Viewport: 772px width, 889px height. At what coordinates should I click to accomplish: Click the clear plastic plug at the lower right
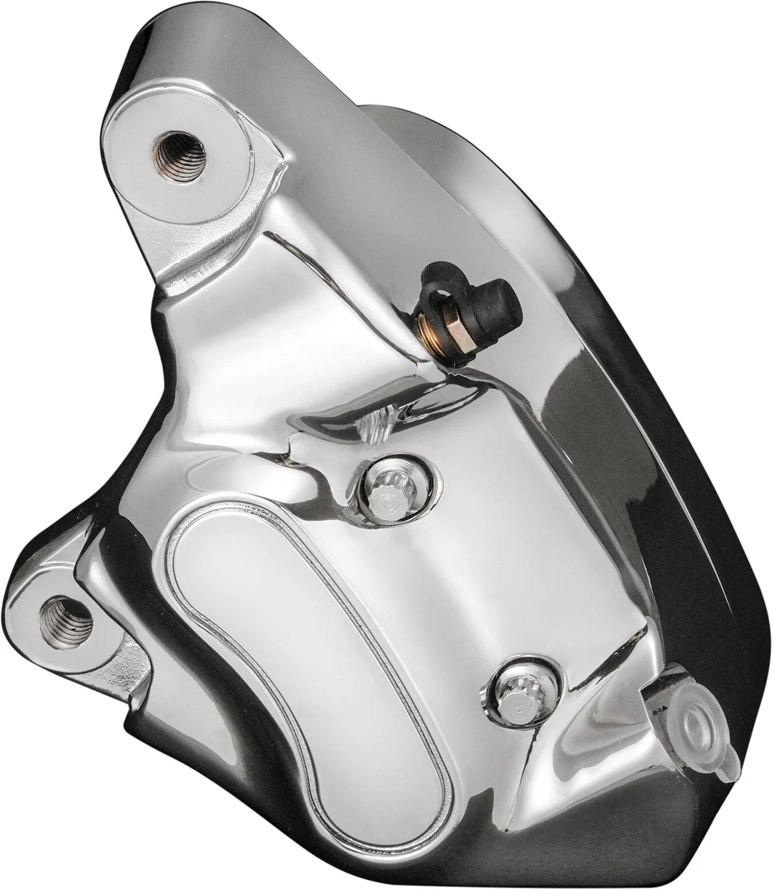[x=694, y=719]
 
